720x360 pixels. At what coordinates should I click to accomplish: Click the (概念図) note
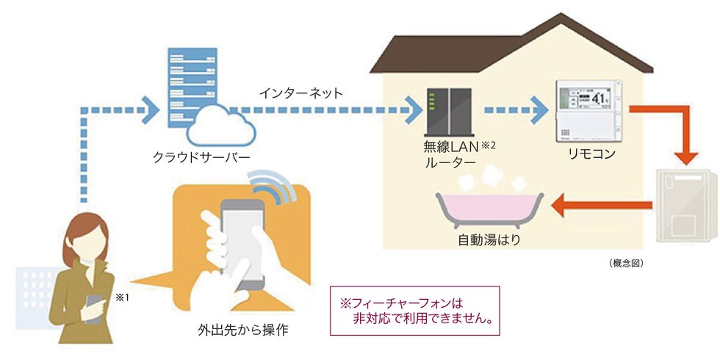point(627,262)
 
